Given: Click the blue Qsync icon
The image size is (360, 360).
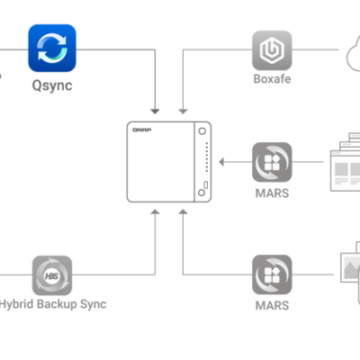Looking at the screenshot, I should click(51, 48).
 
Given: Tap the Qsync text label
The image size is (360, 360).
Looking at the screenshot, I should click(51, 86).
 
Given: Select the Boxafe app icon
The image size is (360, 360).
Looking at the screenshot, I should click(271, 51).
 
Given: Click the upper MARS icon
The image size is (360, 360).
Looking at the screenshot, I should click(271, 162).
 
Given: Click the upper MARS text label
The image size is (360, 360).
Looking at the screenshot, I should click(271, 193).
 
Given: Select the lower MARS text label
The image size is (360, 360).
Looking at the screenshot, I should click(271, 305).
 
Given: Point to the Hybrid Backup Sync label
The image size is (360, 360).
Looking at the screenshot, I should click(54, 304).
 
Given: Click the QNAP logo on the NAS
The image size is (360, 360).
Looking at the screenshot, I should click(141, 131).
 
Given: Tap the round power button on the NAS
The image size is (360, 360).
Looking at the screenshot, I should click(204, 131).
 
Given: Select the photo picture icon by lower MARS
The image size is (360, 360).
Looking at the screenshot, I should click(346, 270).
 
